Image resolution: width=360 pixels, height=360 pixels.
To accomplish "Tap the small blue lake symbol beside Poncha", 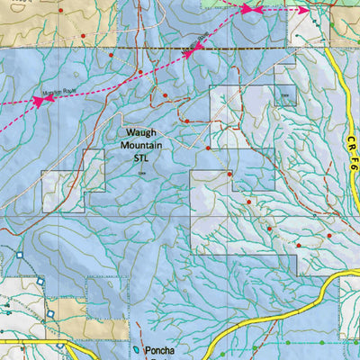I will pyautogui.click(x=136, y=349).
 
